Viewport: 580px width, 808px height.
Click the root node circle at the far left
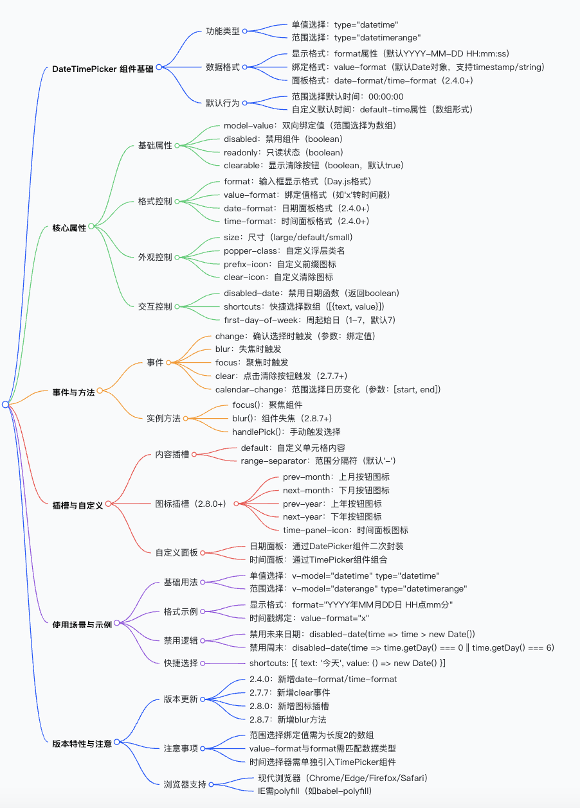click(5, 404)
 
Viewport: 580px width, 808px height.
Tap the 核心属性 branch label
click(69, 227)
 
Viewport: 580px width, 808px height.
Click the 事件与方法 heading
click(73, 392)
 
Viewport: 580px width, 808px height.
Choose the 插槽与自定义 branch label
click(77, 505)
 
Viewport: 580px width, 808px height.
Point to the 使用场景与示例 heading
click(82, 624)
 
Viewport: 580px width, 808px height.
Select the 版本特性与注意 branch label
click(82, 743)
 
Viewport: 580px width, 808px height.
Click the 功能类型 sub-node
click(222, 31)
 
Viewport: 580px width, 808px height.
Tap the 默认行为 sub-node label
click(222, 103)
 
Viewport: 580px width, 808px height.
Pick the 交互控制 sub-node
click(155, 306)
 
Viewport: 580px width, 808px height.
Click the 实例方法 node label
click(163, 418)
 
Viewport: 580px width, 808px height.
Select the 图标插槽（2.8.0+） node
click(190, 504)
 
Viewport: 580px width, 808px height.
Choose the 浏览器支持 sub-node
click(185, 784)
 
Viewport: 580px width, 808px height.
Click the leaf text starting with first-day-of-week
click(309, 320)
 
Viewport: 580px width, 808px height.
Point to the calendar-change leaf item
click(328, 389)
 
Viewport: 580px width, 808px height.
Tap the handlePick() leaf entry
click(286, 432)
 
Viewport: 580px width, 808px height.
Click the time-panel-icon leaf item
click(345, 530)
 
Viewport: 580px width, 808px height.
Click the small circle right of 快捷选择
click(203, 663)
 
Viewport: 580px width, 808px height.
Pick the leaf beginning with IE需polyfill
click(311, 791)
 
